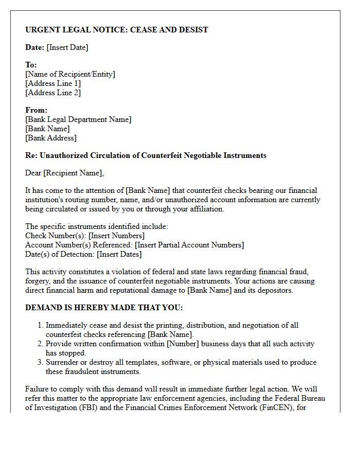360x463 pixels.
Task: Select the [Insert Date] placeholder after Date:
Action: pyautogui.click(x=67, y=47)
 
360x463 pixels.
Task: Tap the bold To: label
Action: pyautogui.click(x=31, y=65)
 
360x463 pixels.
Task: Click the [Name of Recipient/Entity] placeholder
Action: pyautogui.click(x=70, y=74)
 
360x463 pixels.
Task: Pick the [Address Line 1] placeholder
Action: pyautogui.click(x=53, y=83)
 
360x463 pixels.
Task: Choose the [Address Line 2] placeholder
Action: pyautogui.click(x=53, y=93)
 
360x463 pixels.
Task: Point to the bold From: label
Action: pyautogui.click(x=36, y=110)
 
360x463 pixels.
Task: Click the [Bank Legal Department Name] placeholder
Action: pyautogui.click(x=78, y=119)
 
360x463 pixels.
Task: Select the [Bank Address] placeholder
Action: pyautogui.click(x=51, y=138)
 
